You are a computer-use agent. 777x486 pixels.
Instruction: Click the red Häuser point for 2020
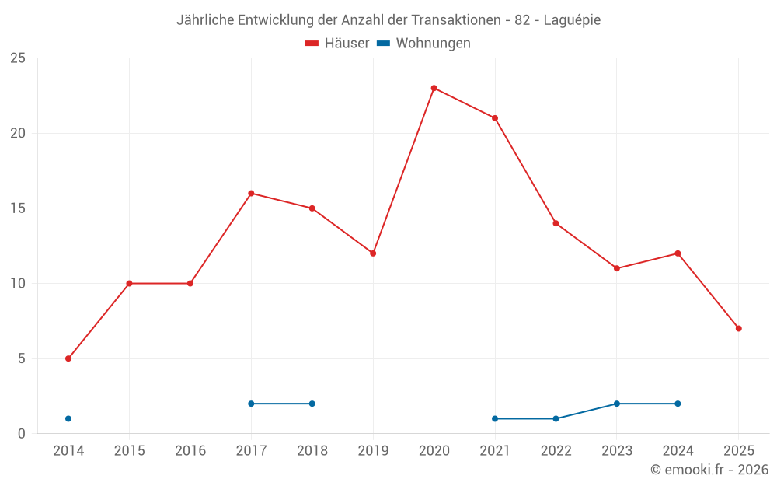point(434,88)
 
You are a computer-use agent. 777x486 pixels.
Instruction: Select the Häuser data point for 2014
point(68,358)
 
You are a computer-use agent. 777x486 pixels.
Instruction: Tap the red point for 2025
point(738,328)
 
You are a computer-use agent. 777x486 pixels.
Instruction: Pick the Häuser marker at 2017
point(251,193)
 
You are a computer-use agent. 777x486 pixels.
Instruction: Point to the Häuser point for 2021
point(495,118)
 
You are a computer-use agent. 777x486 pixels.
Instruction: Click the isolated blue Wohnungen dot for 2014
point(68,418)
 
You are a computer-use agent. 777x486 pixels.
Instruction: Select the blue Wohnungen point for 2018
point(312,404)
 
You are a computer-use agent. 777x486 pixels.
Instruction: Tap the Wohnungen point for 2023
point(617,404)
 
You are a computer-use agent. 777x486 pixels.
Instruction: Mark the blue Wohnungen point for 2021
point(495,418)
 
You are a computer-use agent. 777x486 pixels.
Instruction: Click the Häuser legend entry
point(337,44)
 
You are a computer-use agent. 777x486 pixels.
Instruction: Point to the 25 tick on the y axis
point(18,58)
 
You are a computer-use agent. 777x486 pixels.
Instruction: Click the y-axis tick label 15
point(18,208)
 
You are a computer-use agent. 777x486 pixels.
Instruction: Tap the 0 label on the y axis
point(22,433)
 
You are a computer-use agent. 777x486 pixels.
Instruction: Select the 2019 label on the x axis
point(373,450)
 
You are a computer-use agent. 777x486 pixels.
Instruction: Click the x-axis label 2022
point(556,450)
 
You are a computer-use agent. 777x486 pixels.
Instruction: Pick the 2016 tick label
point(190,450)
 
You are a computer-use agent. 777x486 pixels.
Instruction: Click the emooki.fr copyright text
point(709,469)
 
